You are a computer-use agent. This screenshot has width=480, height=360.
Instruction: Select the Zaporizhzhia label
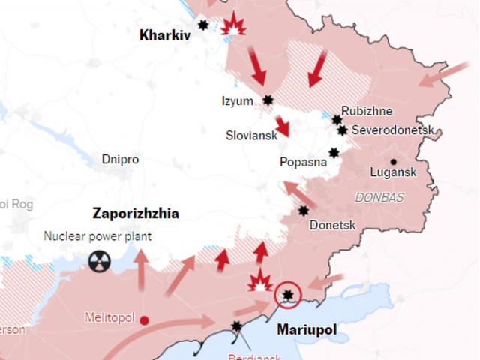point(136,214)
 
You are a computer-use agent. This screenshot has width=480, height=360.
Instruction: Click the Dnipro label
point(120,160)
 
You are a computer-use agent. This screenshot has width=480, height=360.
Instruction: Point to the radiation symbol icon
point(98,261)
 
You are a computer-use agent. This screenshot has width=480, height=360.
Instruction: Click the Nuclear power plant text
point(97,236)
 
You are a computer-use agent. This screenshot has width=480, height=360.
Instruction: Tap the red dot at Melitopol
point(145,319)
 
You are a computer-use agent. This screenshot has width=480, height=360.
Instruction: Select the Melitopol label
point(109,318)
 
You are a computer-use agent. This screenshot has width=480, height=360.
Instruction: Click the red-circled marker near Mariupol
point(287,295)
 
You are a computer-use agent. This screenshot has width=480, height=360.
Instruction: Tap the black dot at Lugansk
point(393,162)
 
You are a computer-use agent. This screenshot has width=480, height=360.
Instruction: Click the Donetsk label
point(331,223)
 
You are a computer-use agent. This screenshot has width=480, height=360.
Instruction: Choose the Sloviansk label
point(251,136)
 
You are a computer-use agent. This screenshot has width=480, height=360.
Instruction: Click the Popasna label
point(302,161)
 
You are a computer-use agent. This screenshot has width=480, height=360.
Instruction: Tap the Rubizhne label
point(367,111)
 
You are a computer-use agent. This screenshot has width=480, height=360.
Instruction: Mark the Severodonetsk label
point(393,130)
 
